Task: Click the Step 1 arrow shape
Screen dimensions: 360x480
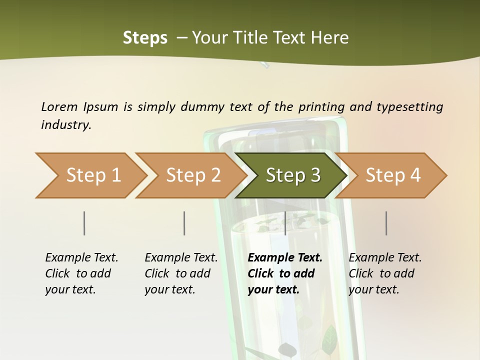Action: pos(90,175)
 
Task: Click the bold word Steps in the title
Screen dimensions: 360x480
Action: pos(145,37)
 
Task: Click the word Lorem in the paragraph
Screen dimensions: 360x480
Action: pos(59,106)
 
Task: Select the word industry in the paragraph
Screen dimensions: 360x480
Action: pos(65,124)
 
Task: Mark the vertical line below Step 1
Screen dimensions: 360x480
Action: pos(84,223)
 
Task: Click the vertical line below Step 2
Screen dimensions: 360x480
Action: pos(184,223)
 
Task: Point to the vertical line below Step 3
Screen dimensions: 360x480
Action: pos(285,223)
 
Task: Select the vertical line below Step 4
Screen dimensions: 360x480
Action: pos(386,223)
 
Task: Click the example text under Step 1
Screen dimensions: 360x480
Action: pos(81,273)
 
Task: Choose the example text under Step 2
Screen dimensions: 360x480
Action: pos(181,273)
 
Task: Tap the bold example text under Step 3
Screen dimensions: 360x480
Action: pos(285,273)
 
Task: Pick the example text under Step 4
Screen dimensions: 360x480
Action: pos(385,273)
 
